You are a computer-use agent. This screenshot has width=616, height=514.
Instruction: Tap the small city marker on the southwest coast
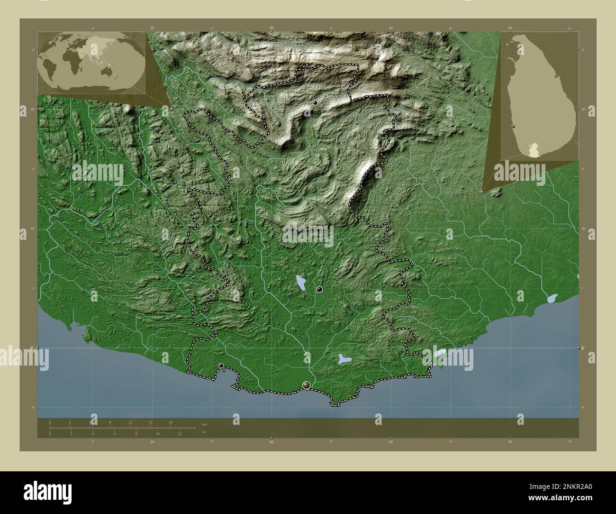(221, 365)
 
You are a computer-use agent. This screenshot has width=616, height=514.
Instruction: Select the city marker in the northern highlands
(315, 102)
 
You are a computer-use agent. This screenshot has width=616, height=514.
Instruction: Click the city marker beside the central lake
(319, 289)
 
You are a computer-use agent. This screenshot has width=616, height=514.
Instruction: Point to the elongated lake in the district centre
(300, 283)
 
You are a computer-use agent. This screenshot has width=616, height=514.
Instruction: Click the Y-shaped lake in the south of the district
(344, 359)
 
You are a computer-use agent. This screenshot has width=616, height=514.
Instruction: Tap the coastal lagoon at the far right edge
(552, 299)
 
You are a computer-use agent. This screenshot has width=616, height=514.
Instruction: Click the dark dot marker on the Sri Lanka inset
(514, 127)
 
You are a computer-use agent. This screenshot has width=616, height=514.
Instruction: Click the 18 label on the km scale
(171, 422)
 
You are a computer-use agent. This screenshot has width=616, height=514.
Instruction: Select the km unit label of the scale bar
(204, 424)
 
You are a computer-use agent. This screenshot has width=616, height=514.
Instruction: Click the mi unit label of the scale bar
(204, 432)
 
